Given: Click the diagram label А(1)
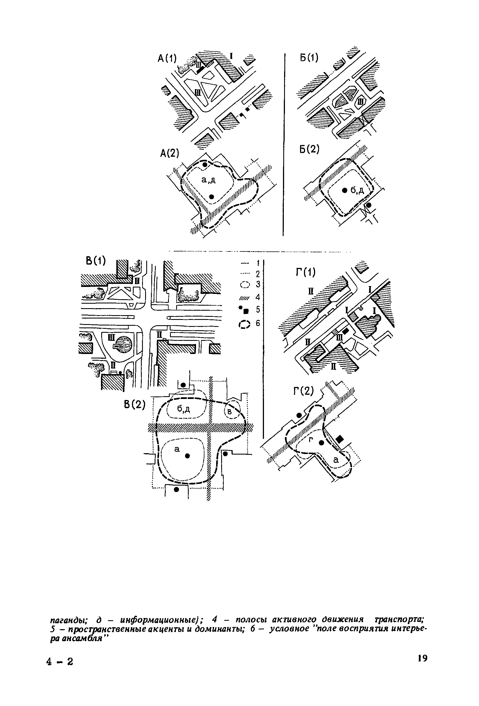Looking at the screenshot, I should tap(167, 58).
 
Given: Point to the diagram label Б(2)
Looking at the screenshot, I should tap(309, 149).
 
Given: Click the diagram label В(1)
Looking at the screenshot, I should tap(96, 260).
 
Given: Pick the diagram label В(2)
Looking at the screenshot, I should tap(135, 405).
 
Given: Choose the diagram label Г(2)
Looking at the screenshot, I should tap(303, 391).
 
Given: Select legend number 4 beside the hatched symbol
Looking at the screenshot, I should tap(258, 297).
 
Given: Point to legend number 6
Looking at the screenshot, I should tap(258, 323).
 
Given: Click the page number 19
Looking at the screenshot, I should tap(422, 658).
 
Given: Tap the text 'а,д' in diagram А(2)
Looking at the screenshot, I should tap(209, 180).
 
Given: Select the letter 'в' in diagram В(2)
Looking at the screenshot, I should tap(230, 412).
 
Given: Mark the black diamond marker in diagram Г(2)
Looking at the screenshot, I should tap(339, 439).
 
